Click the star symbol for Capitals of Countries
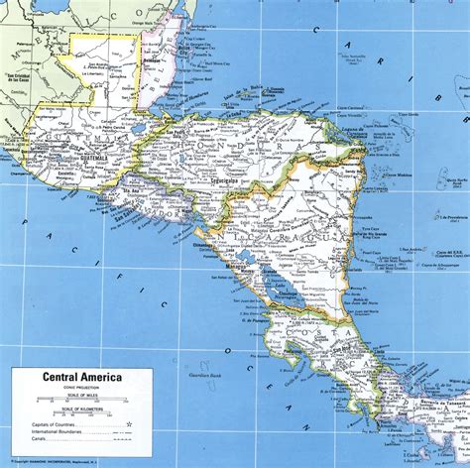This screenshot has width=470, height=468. [x=128, y=423]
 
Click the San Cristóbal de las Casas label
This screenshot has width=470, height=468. [x=23, y=78]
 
